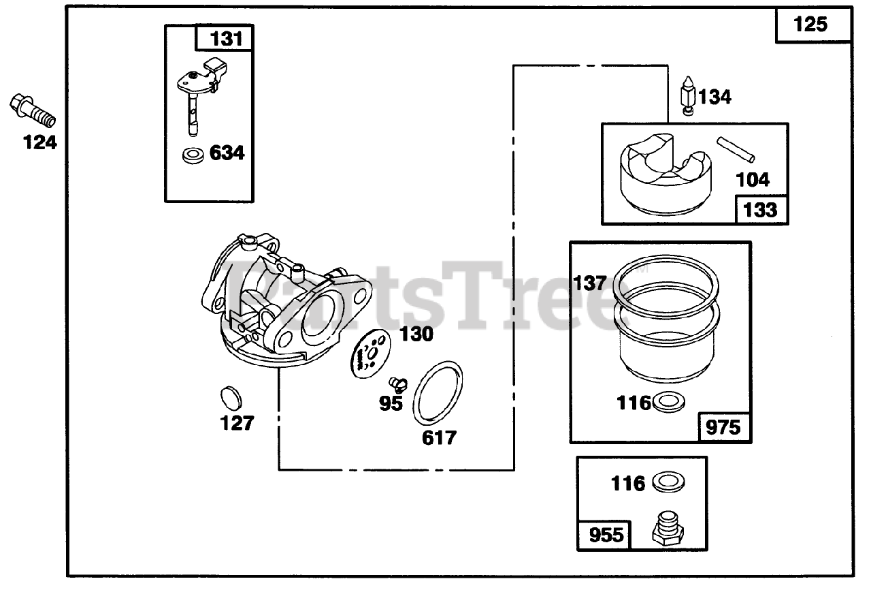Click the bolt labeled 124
[x=33, y=112]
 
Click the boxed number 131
[x=225, y=39]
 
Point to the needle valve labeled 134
[x=688, y=96]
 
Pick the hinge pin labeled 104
[x=736, y=150]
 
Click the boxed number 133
[x=761, y=210]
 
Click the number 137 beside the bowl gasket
[x=589, y=283]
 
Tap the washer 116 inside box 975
[x=669, y=403]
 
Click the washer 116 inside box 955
[x=668, y=483]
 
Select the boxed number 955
[x=605, y=535]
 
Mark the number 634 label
[x=226, y=153]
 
